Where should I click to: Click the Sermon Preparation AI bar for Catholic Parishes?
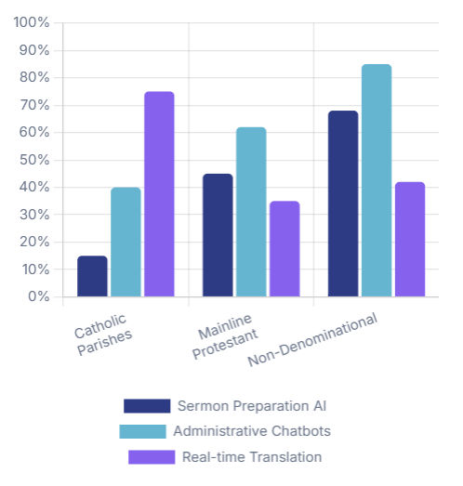[x=92, y=276]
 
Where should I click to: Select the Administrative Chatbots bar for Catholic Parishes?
[x=126, y=242]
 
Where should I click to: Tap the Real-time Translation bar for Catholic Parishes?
[x=159, y=194]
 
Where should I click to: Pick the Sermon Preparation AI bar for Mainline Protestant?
[x=218, y=235]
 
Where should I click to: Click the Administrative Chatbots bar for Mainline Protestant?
[x=251, y=212]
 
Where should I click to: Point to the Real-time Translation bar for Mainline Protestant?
[x=284, y=249]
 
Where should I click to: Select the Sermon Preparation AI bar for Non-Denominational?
[x=343, y=204]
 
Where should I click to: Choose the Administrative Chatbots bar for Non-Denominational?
[x=377, y=180]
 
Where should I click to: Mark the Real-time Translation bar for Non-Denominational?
[x=410, y=239]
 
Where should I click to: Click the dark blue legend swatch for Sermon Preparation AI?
[x=147, y=406]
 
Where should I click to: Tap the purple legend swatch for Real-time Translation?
[x=151, y=456]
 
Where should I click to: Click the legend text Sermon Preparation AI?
[x=252, y=406]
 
